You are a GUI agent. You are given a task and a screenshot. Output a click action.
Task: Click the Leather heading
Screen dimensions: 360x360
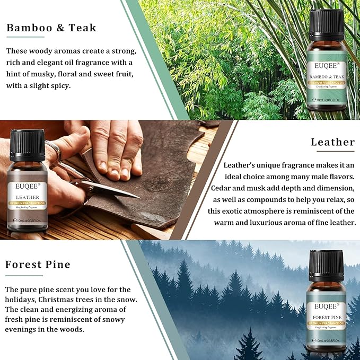click(332, 142)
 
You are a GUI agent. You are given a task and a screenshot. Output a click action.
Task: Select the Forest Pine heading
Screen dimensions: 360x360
click(38, 265)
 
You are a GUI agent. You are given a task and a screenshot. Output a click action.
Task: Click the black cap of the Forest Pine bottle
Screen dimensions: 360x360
click(326, 266)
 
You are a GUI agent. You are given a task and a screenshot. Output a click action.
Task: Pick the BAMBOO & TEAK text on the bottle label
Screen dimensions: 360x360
click(327, 77)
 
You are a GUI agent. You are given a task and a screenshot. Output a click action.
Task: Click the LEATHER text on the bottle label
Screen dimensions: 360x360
click(27, 197)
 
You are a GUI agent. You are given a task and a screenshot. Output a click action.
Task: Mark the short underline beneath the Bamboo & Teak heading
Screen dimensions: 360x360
click(25, 38)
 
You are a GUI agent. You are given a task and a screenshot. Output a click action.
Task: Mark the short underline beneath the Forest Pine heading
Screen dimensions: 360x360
click(24, 275)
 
